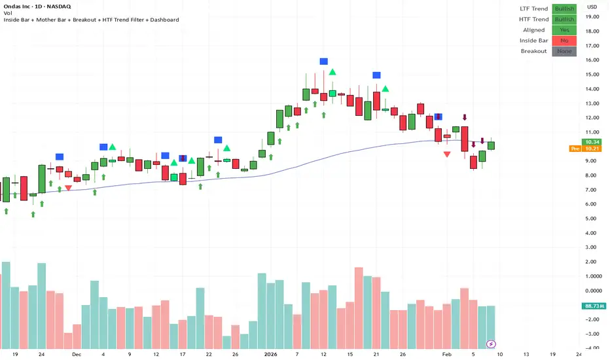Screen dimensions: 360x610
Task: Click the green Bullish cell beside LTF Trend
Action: coord(564,9)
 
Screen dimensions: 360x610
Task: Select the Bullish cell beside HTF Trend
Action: coord(564,20)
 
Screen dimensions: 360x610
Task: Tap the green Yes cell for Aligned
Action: coord(564,30)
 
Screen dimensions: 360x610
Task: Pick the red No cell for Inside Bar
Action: coord(564,41)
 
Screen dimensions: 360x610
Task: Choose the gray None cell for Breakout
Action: coord(564,51)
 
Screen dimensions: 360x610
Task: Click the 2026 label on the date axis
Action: coord(271,354)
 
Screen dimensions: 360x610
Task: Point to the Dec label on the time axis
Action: coord(76,354)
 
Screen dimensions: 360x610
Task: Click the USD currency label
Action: coord(592,7)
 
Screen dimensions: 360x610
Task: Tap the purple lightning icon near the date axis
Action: coord(491,344)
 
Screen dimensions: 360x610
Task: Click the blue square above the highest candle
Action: coord(323,62)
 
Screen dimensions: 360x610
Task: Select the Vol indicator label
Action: coord(7,13)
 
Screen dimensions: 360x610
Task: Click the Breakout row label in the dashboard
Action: coord(534,51)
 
